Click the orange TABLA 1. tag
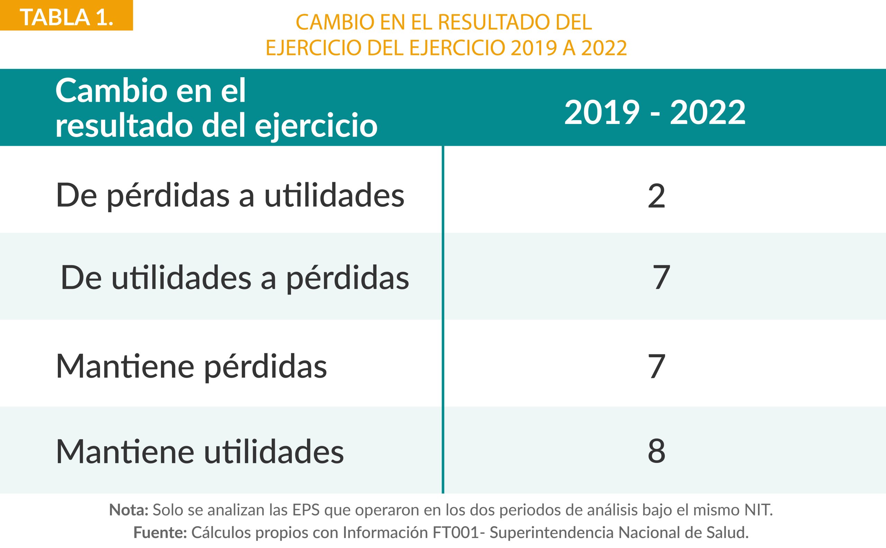66,16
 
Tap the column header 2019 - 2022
655,113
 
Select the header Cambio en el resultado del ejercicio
216,108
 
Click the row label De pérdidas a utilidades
230,196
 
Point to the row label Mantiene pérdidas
191,366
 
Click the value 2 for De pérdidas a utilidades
656,196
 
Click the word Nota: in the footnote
129,510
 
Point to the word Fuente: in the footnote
160,532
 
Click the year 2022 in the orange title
604,48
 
